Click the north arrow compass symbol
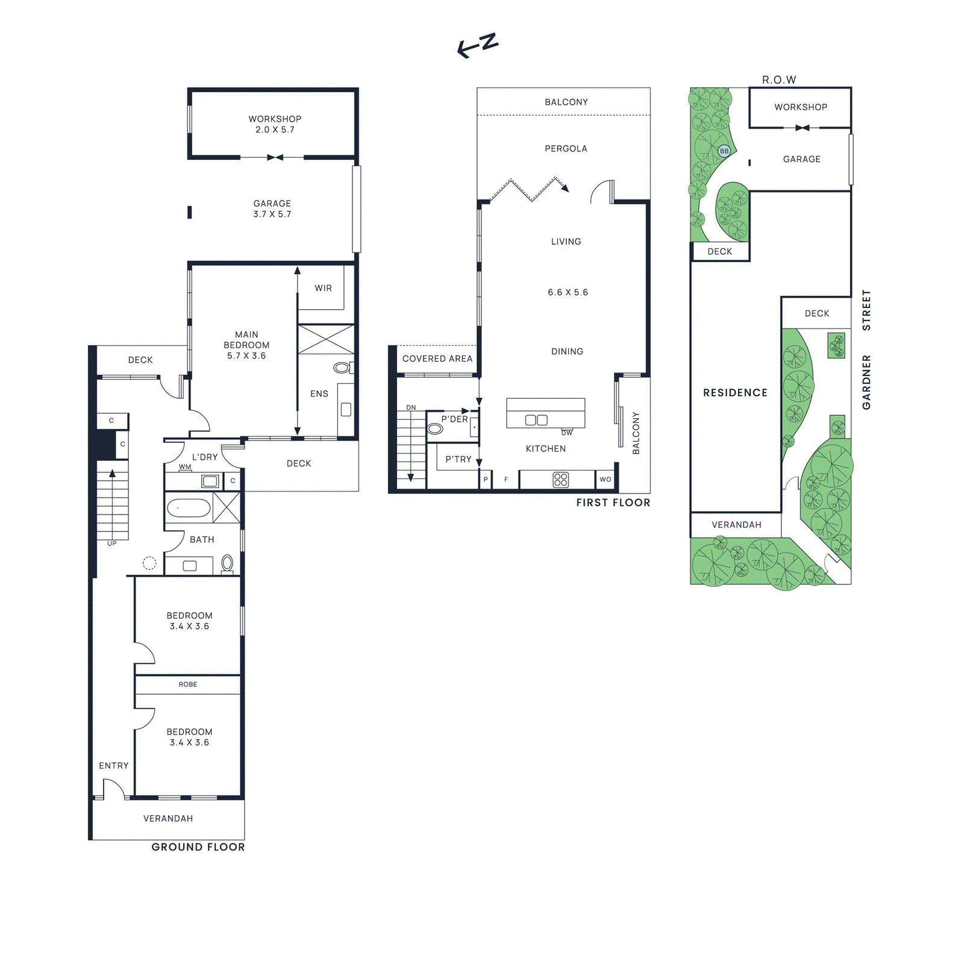(x=477, y=46)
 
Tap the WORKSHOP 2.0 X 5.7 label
(x=275, y=124)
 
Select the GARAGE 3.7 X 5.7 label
(x=272, y=208)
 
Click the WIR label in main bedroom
(x=323, y=288)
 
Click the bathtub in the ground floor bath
(x=189, y=508)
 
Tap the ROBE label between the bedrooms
(x=188, y=684)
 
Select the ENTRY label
(x=113, y=766)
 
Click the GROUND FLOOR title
(x=198, y=847)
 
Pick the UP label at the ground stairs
(x=112, y=543)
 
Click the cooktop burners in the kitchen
(x=560, y=480)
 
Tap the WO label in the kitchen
(x=605, y=480)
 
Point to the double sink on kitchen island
(x=536, y=420)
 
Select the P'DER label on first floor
(x=454, y=419)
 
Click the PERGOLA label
(x=566, y=149)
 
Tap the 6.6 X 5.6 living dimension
(x=568, y=292)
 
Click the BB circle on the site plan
(x=724, y=151)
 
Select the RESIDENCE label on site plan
(x=735, y=393)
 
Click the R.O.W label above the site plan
(x=778, y=80)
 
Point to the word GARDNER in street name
(x=866, y=382)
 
